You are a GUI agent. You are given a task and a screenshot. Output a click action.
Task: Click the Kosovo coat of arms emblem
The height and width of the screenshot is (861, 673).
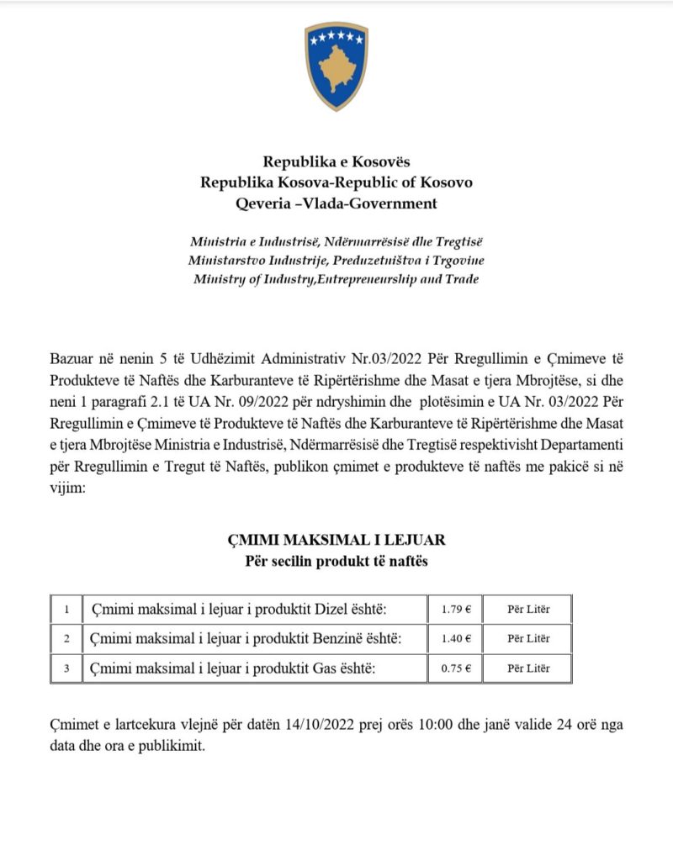[336, 66]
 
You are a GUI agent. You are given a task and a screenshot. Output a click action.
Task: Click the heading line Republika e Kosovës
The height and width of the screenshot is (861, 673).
[336, 161]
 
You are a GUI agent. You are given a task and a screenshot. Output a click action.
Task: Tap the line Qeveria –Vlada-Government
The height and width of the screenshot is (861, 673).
[336, 203]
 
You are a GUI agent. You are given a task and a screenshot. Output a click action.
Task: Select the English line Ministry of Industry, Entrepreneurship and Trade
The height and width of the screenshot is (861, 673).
[336, 279]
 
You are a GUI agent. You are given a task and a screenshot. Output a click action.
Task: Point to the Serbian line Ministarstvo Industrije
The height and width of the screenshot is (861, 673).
[336, 260]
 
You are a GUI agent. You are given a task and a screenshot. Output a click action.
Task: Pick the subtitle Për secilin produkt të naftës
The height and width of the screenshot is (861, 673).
[336, 561]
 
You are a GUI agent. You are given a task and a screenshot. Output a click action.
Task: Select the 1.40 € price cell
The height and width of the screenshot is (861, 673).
[456, 639]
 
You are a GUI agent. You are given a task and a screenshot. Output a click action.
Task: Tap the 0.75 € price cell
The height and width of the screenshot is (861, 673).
[456, 669]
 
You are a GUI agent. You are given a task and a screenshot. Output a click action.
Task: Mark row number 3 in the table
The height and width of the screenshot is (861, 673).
[66, 669]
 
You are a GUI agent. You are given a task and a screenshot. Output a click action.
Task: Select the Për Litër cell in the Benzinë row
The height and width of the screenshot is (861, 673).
[528, 639]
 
